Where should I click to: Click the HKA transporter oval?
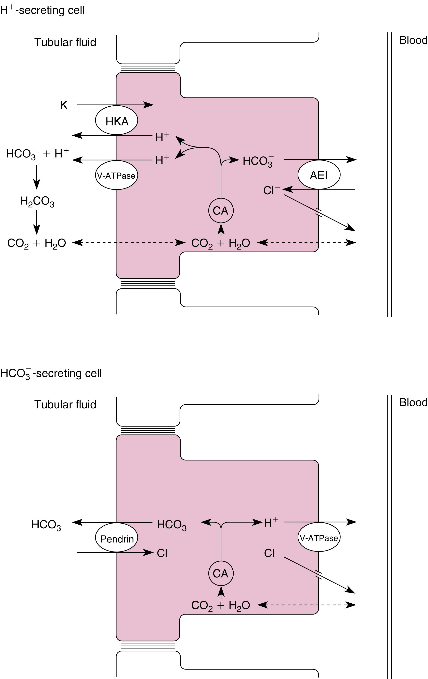click(116, 121)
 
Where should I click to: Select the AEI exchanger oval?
click(319, 175)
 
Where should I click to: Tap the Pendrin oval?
click(116, 539)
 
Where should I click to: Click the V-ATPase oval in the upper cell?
click(116, 175)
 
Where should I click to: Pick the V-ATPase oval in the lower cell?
click(319, 538)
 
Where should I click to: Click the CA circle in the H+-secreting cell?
click(221, 211)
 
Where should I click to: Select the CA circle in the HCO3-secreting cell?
click(221, 573)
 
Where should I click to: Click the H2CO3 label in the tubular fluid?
click(37, 202)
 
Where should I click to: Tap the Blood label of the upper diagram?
click(413, 40)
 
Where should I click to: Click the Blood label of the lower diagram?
click(413, 402)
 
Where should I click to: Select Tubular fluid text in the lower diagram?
click(65, 404)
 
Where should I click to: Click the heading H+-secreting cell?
click(42, 10)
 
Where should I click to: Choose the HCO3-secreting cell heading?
click(51, 373)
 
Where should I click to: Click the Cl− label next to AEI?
click(271, 191)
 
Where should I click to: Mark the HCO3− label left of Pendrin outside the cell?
click(47, 525)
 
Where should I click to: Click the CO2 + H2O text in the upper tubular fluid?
click(37, 243)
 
